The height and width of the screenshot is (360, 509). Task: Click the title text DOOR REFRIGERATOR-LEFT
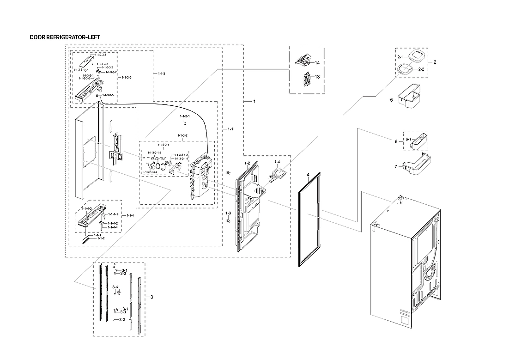coord(64,37)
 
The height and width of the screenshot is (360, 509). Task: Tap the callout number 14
coord(317,62)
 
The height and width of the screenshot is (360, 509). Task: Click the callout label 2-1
coord(400,56)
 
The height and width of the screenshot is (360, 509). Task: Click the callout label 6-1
coord(408,139)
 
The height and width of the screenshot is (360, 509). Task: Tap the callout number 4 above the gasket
coord(307,175)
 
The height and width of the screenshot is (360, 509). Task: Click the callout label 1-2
coord(247,164)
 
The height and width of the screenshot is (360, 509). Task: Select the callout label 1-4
coord(277,162)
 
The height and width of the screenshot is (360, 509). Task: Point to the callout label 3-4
coord(115,287)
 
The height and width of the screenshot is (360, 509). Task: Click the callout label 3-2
coord(122,319)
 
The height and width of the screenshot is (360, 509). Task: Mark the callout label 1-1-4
coord(130,216)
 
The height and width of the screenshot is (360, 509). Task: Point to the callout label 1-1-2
coord(101,238)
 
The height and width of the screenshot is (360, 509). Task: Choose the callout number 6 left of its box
coord(395,141)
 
